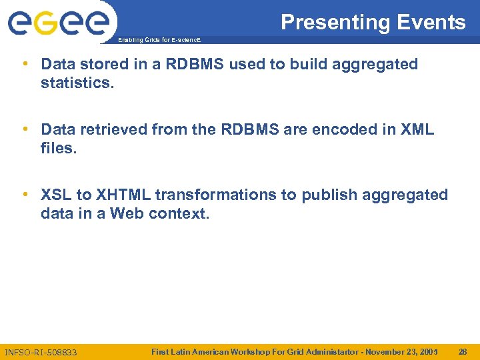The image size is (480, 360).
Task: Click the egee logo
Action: (59, 23)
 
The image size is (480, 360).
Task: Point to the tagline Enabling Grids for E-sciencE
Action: (158, 40)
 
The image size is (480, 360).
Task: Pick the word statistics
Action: (77, 83)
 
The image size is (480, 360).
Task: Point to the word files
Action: (59, 149)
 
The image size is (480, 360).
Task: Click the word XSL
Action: (56, 195)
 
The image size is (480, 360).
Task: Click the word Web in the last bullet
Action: (127, 214)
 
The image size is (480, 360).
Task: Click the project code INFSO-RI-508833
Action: (41, 351)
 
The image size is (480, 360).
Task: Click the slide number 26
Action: (463, 351)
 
